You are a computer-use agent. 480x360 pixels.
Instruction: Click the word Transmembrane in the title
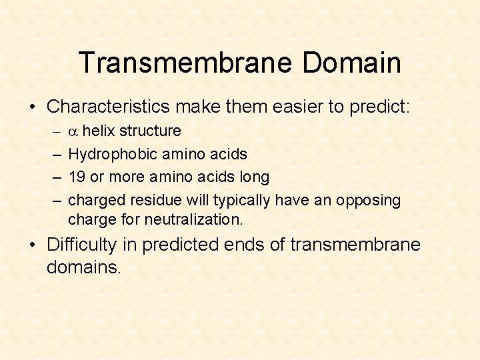pyautogui.click(x=185, y=63)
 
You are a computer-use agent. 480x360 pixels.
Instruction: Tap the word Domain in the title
pyautogui.click(x=351, y=63)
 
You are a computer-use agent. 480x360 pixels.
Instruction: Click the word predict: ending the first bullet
pyautogui.click(x=383, y=107)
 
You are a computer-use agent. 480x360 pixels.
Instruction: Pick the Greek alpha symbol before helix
pyautogui.click(x=74, y=131)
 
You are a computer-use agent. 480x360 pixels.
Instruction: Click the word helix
pyautogui.click(x=97, y=131)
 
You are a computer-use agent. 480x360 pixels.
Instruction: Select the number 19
pyautogui.click(x=78, y=177)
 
